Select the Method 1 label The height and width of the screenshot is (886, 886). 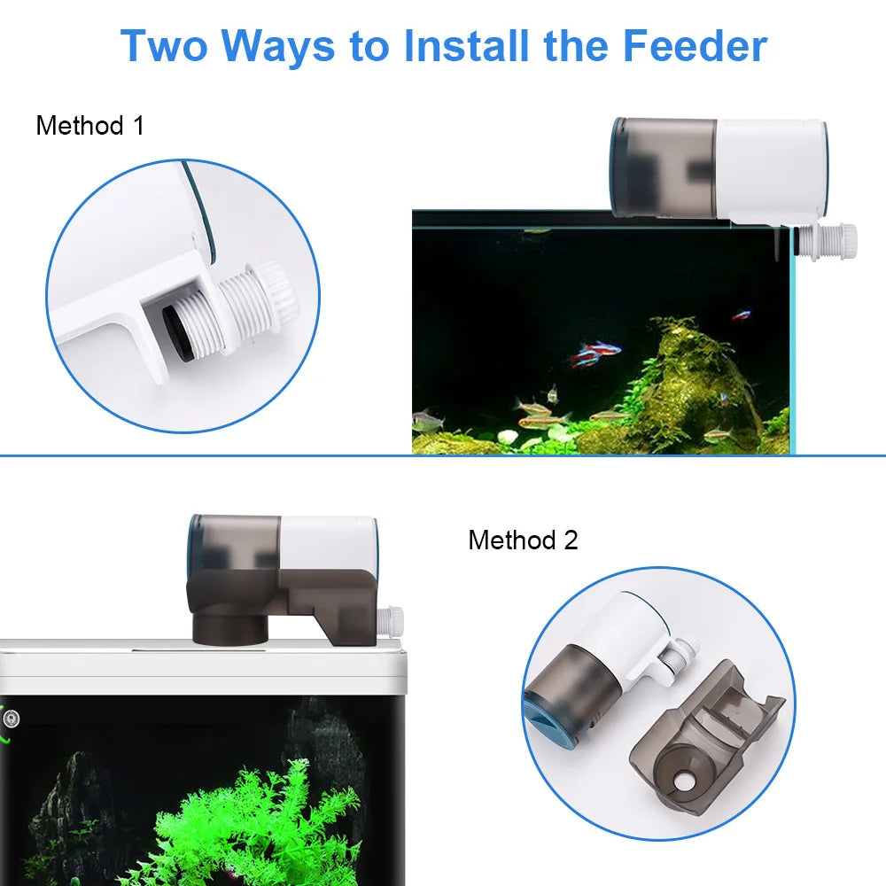coord(89,126)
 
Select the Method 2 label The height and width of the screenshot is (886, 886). coord(523,540)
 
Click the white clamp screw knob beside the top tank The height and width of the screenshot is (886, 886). coord(837,237)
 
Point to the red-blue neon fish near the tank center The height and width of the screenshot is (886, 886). coord(595,353)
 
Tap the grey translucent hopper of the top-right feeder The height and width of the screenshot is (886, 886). coord(664,168)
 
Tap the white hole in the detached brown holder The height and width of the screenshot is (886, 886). coord(684,785)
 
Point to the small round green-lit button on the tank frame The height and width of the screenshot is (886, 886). coord(10,719)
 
